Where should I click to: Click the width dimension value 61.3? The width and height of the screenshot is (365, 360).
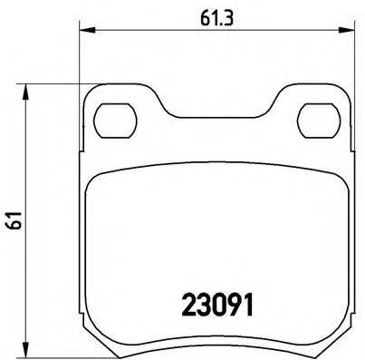pyautogui.click(x=213, y=15)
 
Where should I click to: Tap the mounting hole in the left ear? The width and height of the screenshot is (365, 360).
pyautogui.click(x=115, y=118)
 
